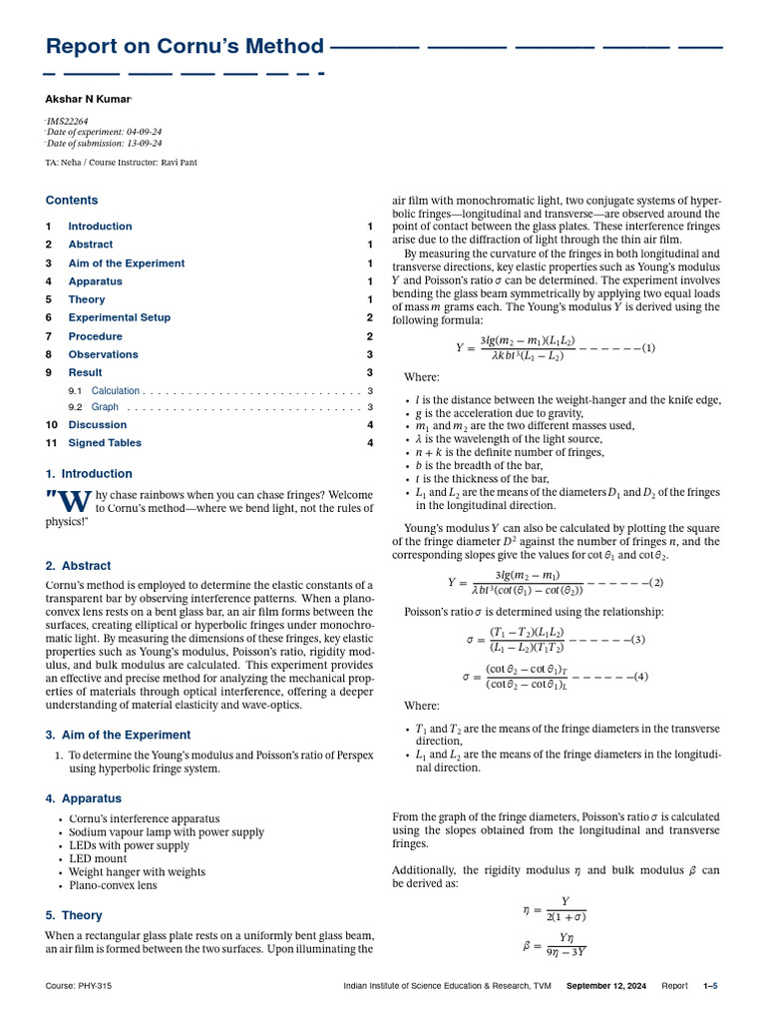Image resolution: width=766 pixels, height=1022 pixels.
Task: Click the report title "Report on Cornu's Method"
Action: [186, 46]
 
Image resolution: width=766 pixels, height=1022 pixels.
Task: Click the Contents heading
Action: [72, 200]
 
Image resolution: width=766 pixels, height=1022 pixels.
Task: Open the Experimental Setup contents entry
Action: [119, 317]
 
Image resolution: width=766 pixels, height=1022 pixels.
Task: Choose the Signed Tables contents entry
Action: [105, 443]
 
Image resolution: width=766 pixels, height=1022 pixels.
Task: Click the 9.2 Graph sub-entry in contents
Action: [105, 407]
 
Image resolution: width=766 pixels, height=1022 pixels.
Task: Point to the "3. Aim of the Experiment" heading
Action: [118, 735]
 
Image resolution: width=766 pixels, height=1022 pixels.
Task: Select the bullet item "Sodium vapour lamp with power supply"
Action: [167, 831]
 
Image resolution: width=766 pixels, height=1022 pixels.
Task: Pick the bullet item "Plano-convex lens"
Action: [113, 884]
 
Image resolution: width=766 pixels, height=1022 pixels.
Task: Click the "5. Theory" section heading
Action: [74, 915]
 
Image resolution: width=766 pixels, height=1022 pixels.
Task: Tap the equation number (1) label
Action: [648, 348]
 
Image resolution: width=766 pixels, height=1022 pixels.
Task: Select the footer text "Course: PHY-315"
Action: [79, 986]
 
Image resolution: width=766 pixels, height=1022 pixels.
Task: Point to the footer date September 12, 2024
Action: [606, 986]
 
